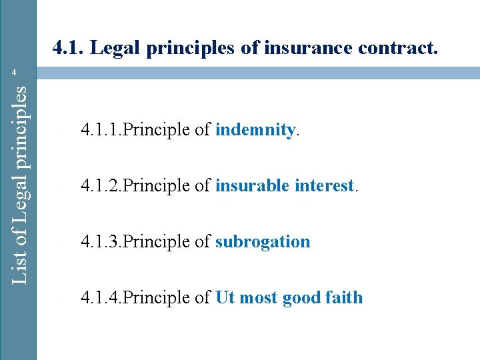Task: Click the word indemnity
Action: tap(255, 130)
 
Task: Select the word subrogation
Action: tap(263, 241)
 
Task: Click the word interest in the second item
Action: tap(321, 186)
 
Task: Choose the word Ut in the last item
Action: tap(225, 297)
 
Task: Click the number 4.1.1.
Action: tap(101, 130)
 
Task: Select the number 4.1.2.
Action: tap(101, 186)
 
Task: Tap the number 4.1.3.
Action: tap(101, 241)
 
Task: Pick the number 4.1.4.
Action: tap(101, 297)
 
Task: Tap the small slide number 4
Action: tap(21, 72)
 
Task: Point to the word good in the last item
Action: tap(302, 297)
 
